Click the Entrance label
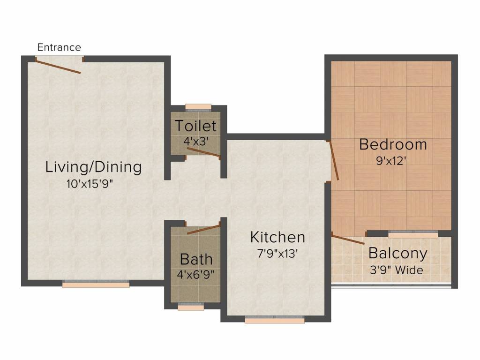59,47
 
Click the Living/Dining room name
93,167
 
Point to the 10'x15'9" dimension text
90,184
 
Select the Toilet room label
195,126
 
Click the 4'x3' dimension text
196,141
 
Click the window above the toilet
198,107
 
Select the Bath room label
196,260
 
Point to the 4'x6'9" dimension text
195,274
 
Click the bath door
204,229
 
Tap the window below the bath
191,306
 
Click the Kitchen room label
277,237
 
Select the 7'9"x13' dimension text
277,254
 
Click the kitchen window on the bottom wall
275,319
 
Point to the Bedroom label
393,144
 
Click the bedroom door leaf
333,160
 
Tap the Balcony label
397,254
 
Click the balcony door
348,239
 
